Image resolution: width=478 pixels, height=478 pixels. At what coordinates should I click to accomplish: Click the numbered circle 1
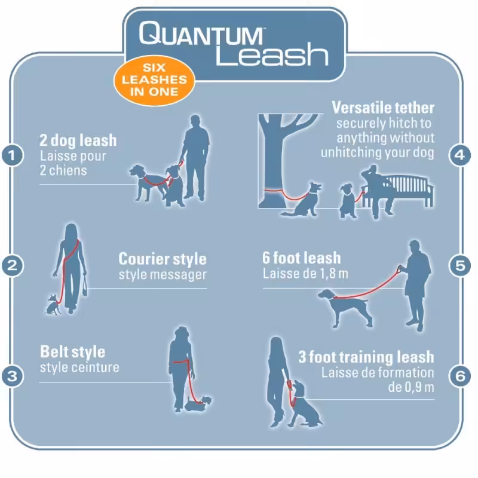point(12,155)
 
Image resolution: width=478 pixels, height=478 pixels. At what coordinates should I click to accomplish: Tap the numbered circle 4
point(459,155)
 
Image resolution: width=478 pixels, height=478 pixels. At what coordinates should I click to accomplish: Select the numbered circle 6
point(459,376)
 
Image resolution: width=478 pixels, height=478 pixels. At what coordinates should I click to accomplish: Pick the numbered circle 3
point(12,376)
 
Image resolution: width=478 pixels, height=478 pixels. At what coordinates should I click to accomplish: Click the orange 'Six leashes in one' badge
point(154,80)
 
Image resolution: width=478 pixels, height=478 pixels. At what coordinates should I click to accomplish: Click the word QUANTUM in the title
point(201,33)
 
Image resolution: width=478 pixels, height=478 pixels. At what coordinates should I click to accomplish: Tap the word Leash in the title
point(272,54)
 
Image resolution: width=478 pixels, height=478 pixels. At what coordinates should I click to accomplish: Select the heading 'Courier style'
point(163,259)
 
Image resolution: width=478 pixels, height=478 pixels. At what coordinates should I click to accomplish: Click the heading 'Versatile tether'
point(383,108)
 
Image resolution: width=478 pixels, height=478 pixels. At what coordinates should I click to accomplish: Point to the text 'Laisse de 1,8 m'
point(305,274)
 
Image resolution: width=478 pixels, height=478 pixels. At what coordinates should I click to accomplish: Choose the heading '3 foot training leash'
point(366,357)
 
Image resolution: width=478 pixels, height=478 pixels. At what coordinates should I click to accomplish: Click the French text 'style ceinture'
point(79,367)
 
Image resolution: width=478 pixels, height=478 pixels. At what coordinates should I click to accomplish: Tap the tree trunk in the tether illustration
point(274,165)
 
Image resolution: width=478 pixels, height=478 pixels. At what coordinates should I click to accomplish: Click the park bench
point(406,191)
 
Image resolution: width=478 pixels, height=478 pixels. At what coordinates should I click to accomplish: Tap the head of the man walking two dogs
point(196,121)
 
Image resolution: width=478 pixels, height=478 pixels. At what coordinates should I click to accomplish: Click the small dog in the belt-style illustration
point(198,403)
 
